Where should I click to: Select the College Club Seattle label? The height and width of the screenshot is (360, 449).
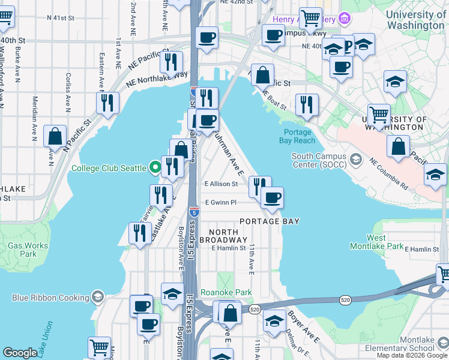109,168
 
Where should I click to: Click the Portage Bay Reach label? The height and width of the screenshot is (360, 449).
297,136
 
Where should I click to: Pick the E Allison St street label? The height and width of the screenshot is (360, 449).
221,184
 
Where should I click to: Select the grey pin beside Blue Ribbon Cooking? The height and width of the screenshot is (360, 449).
97,297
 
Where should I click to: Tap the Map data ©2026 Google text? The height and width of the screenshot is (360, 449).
412,355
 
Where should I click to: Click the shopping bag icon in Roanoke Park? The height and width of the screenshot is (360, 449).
230,312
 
